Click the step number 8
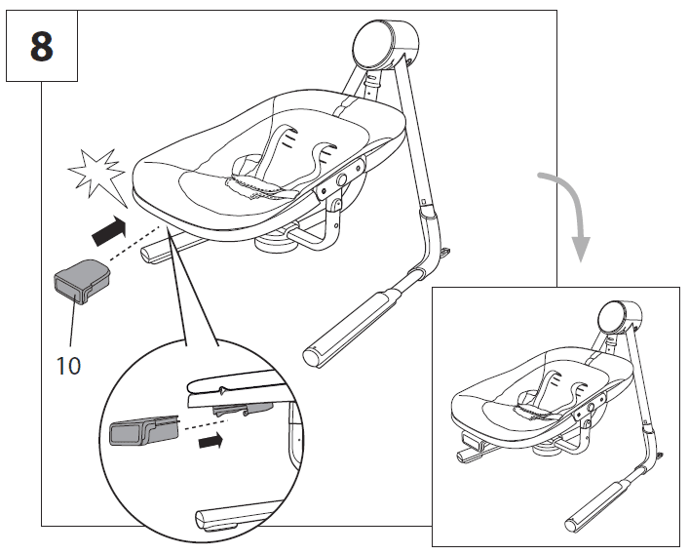[x=41, y=47]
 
